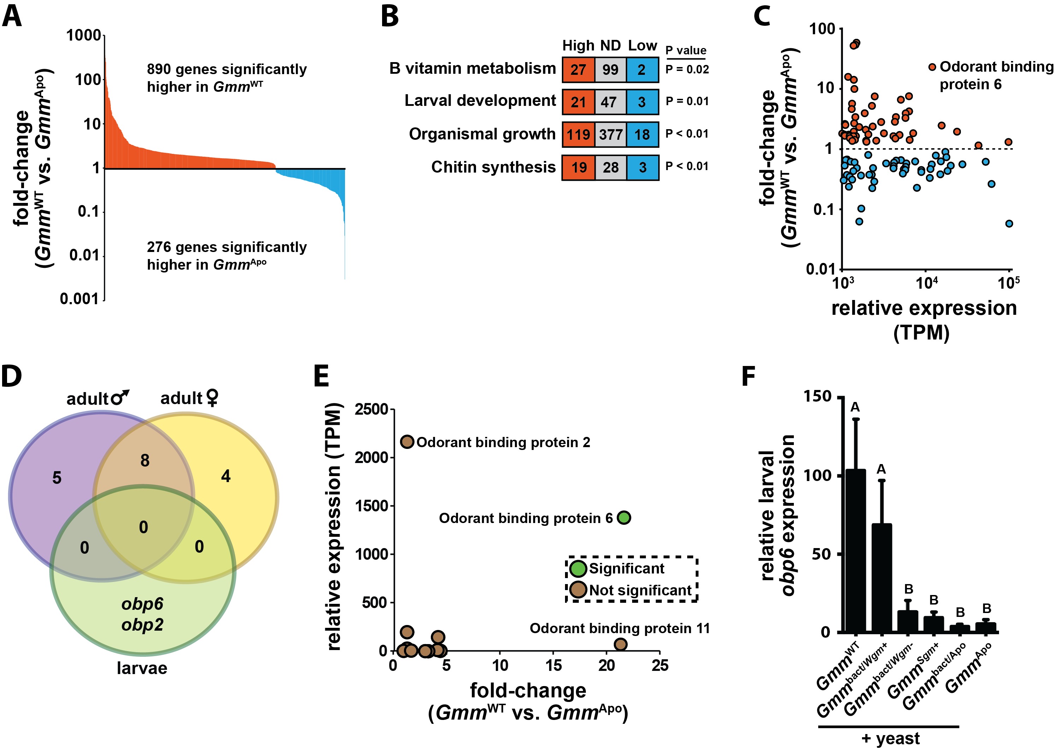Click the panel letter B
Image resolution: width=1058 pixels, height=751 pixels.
pyautogui.click(x=390, y=17)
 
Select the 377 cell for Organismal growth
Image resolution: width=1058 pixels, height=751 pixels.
pyautogui.click(x=611, y=134)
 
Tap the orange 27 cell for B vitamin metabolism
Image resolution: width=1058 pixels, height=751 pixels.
pyautogui.click(x=578, y=70)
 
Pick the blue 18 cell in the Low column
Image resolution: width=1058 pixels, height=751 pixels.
pyautogui.click(x=642, y=134)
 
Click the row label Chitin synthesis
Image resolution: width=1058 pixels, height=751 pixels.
pyautogui.click(x=493, y=167)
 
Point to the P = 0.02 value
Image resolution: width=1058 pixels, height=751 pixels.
pyautogui.click(x=687, y=70)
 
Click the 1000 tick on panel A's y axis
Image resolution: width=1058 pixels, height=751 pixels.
pyautogui.click(x=84, y=35)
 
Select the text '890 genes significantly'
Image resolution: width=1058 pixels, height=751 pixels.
pyautogui.click(x=227, y=70)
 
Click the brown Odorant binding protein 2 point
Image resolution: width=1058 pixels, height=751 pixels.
pyautogui.click(x=407, y=441)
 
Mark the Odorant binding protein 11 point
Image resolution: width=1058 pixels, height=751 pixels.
pyautogui.click(x=620, y=644)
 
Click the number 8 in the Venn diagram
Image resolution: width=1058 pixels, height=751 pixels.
pyautogui.click(x=145, y=461)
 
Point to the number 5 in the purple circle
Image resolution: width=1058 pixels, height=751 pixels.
pyautogui.click(x=57, y=478)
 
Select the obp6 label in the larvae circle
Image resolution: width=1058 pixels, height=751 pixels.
pyautogui.click(x=142, y=604)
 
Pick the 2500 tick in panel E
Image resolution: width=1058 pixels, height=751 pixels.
pyautogui.click(x=372, y=409)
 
